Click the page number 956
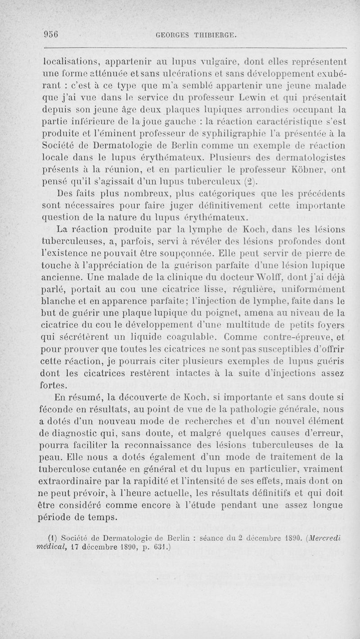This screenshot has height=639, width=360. click(52, 35)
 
